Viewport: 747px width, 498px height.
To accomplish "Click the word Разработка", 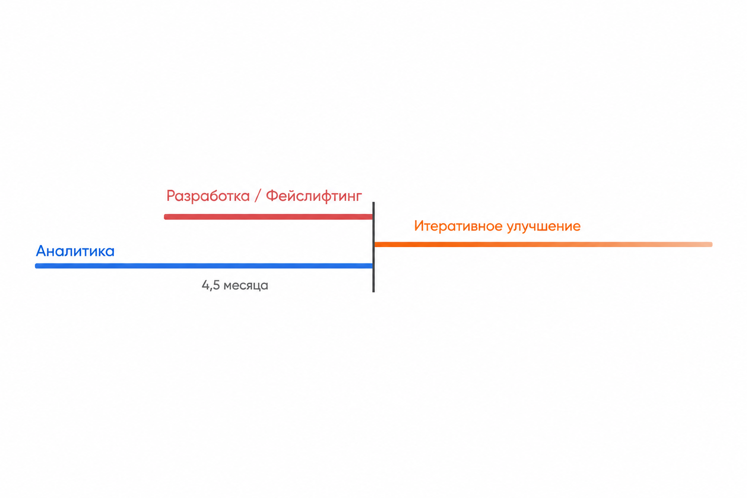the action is pos(208,196).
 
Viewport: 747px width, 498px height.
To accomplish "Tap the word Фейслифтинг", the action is pos(314,196).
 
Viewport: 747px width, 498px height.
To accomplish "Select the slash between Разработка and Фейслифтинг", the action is pos(258,196).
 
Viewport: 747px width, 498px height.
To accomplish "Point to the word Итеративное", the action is pos(459,226).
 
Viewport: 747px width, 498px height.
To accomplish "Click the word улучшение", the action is pos(544,227).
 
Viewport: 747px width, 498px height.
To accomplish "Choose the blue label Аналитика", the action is pos(75,251).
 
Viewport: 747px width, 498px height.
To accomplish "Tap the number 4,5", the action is pos(211,285).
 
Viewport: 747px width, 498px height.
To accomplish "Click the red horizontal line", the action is pos(268,217).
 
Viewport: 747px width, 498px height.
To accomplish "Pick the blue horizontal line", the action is pos(204,266).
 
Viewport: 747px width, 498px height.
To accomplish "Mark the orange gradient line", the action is pos(544,245).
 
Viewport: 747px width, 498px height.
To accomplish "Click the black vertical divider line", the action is pos(373,247).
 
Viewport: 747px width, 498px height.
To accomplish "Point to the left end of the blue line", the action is pos(36,266).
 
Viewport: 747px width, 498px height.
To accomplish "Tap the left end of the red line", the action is pos(165,217).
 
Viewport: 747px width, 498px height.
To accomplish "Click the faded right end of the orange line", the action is pos(711,245).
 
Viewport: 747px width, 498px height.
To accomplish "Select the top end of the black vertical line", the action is pos(373,202).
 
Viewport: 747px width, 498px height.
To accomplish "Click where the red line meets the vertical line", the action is pos(373,217).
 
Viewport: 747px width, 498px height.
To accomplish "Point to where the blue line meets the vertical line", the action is pos(373,266).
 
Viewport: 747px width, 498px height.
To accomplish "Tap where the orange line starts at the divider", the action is pos(375,245).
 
